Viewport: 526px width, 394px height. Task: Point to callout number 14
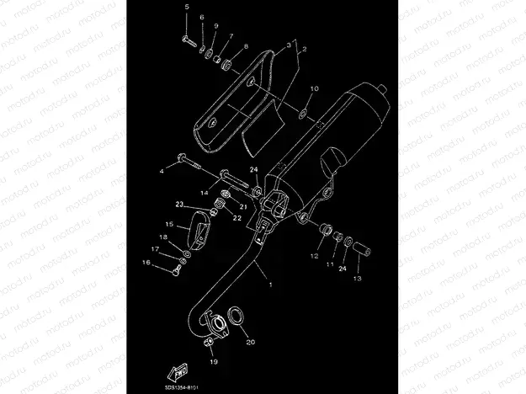pos(204,193)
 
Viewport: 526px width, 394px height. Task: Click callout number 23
pos(178,205)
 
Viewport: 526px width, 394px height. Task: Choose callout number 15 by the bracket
pos(169,225)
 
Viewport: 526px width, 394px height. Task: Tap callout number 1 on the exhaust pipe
pos(270,285)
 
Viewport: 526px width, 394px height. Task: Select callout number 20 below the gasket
pos(249,343)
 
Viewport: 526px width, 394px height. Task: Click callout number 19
pos(213,360)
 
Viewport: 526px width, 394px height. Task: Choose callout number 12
pos(312,255)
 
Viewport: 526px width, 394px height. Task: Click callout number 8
pos(246,46)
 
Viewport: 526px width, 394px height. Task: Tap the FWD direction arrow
pos(178,371)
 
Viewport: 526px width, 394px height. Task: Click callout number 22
pos(238,218)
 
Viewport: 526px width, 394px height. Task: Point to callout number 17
pos(154,250)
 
